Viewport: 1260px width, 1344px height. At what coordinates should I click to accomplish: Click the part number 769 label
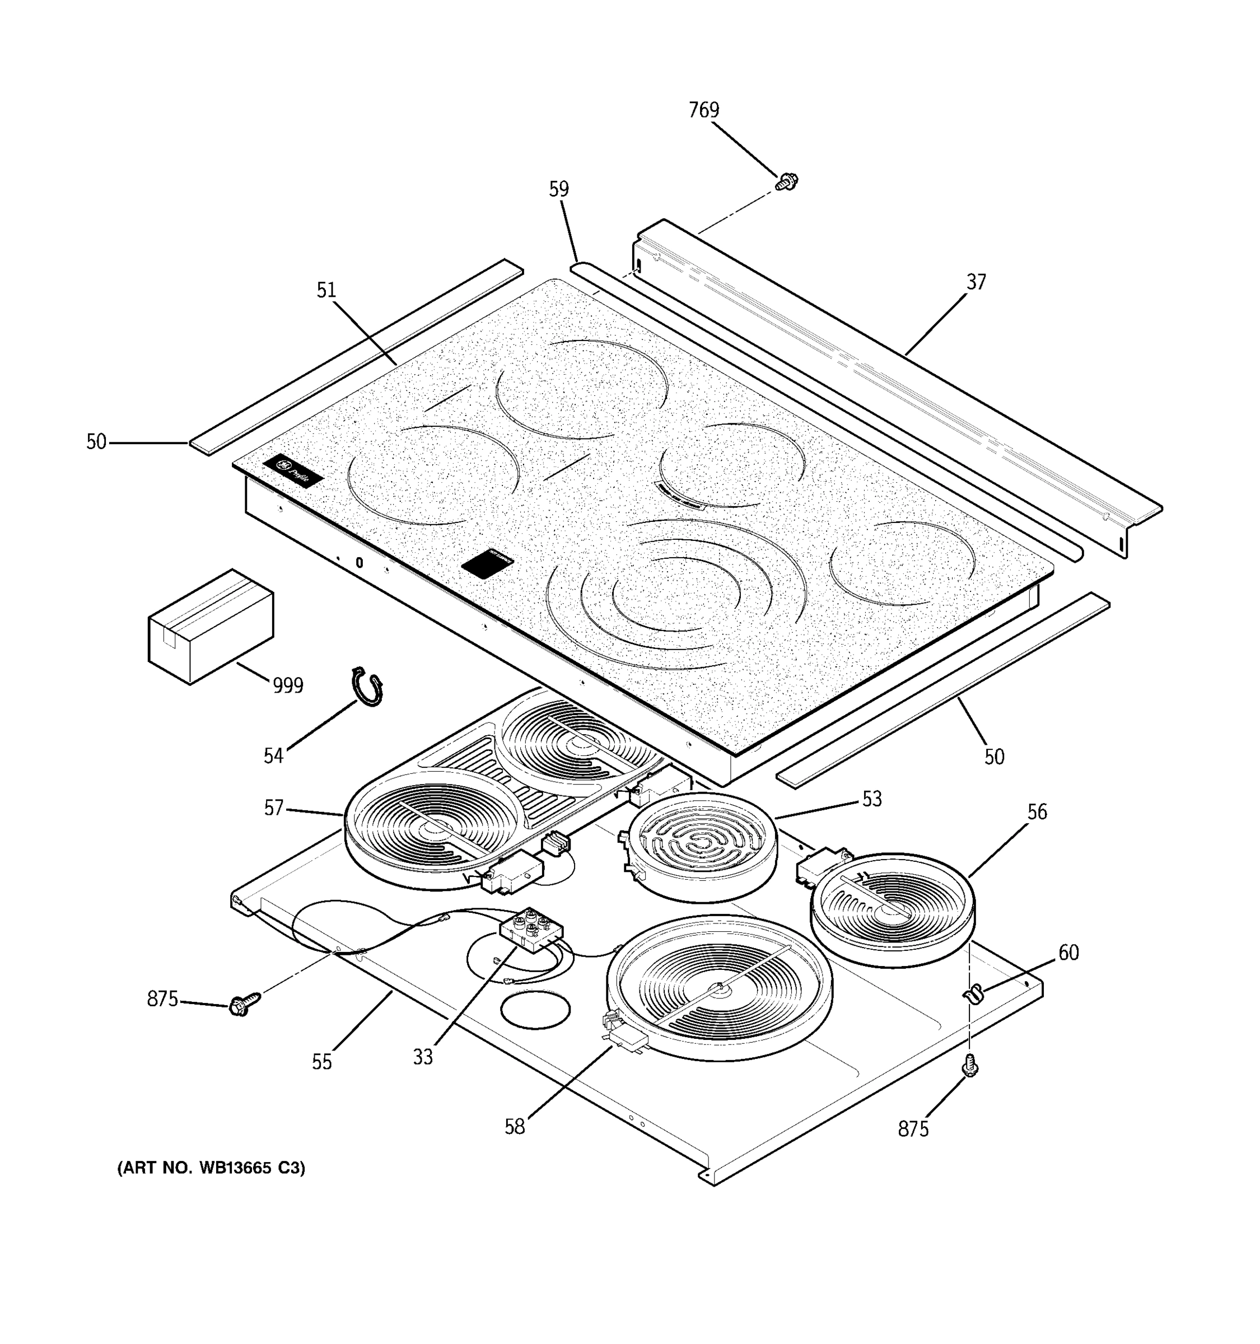(x=704, y=110)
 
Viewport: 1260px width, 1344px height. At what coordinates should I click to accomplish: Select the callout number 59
(x=558, y=189)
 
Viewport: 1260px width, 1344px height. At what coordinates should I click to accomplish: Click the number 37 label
(x=976, y=282)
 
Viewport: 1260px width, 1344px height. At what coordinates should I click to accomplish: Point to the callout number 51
(x=326, y=290)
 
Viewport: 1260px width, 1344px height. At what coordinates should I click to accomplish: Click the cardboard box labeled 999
(x=210, y=626)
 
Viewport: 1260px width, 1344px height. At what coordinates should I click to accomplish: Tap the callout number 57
(x=273, y=808)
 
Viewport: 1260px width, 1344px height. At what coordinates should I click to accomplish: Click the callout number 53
(x=871, y=799)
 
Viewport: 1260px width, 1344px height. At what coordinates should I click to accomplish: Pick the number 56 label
(x=1036, y=812)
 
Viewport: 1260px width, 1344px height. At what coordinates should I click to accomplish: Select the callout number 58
(x=515, y=1126)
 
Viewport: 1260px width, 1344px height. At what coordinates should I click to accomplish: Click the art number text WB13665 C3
(x=212, y=1168)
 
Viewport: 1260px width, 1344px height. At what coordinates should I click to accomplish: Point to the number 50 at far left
(x=96, y=442)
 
